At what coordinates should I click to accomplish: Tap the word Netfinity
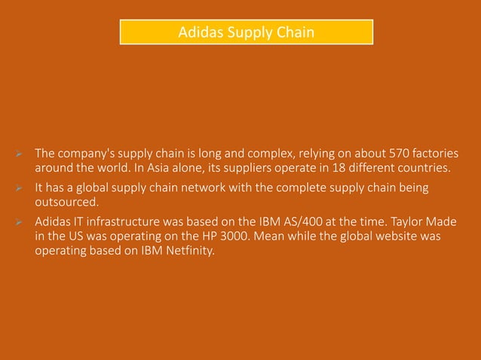188,251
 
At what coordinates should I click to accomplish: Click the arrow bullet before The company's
21,154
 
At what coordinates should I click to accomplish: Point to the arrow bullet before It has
21,188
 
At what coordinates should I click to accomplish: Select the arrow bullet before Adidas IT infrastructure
21,223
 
